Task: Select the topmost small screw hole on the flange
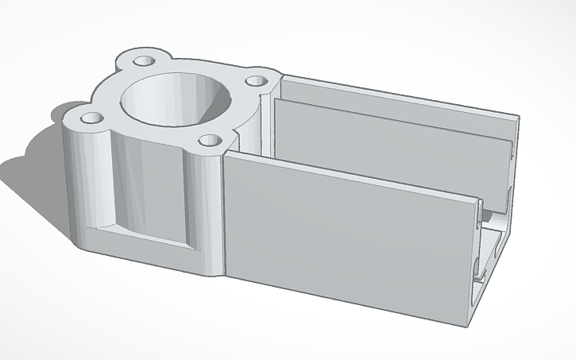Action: coord(143,60)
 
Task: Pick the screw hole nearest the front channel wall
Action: coord(210,141)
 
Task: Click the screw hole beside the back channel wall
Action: coord(254,80)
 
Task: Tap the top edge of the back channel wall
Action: coord(397,95)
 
